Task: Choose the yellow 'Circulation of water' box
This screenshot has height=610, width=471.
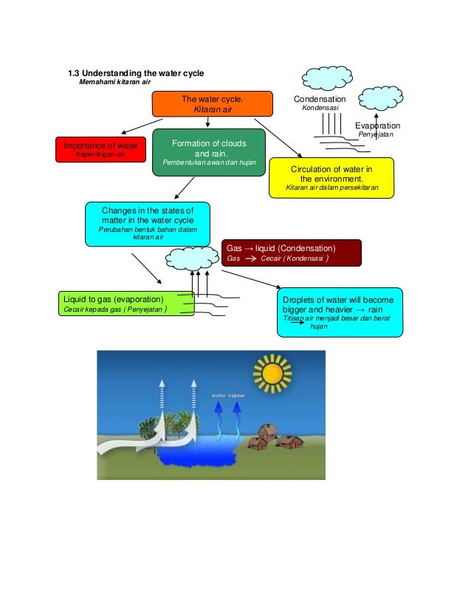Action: coord(331,178)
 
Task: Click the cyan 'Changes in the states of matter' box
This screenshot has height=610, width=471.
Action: coord(147,223)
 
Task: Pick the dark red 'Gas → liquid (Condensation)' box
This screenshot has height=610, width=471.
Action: coord(292,253)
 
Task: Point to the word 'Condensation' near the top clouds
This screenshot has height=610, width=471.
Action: coord(319,99)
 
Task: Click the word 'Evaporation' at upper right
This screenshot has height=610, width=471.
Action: coord(377,126)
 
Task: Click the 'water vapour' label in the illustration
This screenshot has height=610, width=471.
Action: coord(229,395)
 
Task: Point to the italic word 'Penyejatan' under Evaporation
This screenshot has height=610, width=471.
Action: coord(377,135)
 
